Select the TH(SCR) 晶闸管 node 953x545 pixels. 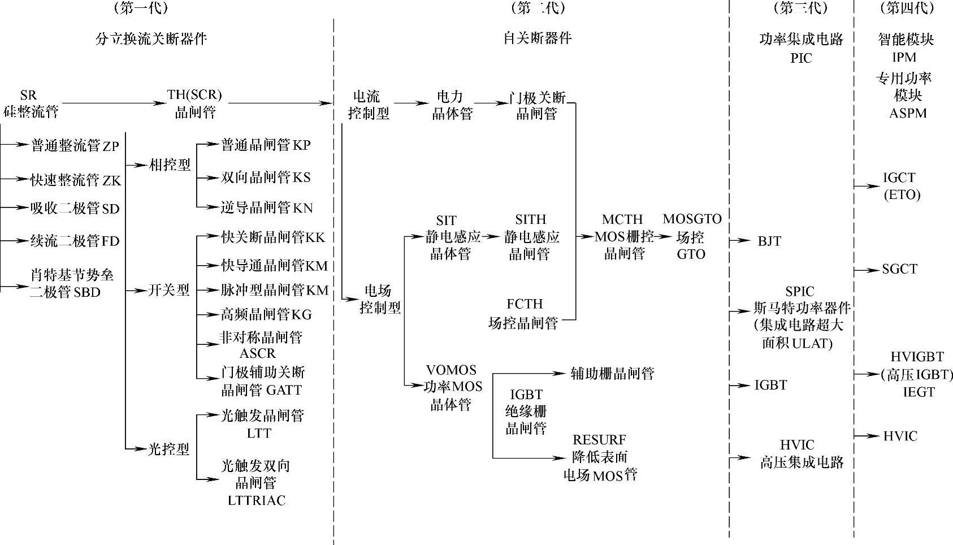[x=194, y=103]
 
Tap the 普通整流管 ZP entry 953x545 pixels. [x=75, y=146]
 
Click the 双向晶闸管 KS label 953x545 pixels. [x=266, y=178]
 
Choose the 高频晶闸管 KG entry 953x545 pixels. [x=266, y=314]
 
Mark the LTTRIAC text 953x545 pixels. [x=257, y=500]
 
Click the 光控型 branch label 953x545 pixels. [x=168, y=449]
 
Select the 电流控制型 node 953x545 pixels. [x=368, y=105]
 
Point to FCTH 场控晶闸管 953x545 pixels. [x=523, y=314]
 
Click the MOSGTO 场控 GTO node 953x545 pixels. [x=692, y=236]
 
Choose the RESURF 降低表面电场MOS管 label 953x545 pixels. [x=600, y=457]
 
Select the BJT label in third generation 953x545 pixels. [x=769, y=241]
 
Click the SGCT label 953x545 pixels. [x=899, y=270]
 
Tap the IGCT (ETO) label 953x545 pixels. [x=901, y=186]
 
